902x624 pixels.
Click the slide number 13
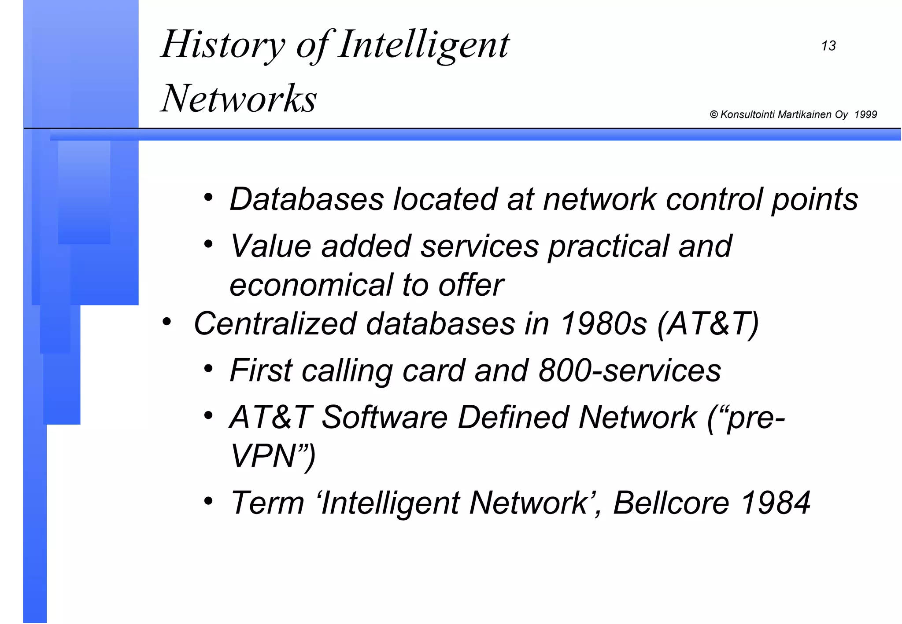tap(828, 46)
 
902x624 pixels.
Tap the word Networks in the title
tap(239, 99)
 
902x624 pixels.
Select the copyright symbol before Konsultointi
tap(714, 115)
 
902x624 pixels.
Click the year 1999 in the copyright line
tap(865, 115)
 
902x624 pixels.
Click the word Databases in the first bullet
tap(307, 199)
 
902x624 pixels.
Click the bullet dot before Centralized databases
tap(166, 322)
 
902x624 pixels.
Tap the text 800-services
tap(629, 371)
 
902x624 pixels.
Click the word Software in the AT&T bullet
tap(384, 417)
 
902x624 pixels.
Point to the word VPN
tap(263, 456)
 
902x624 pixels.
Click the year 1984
tap(776, 503)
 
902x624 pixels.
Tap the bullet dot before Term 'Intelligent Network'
tap(208, 501)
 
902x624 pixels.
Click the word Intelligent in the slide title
tap(424, 45)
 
